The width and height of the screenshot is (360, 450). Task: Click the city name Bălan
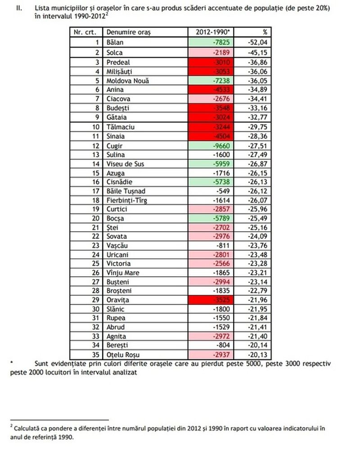click(115, 42)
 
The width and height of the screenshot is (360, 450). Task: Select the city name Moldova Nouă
click(127, 81)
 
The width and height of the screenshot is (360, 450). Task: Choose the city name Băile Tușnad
click(126, 191)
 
